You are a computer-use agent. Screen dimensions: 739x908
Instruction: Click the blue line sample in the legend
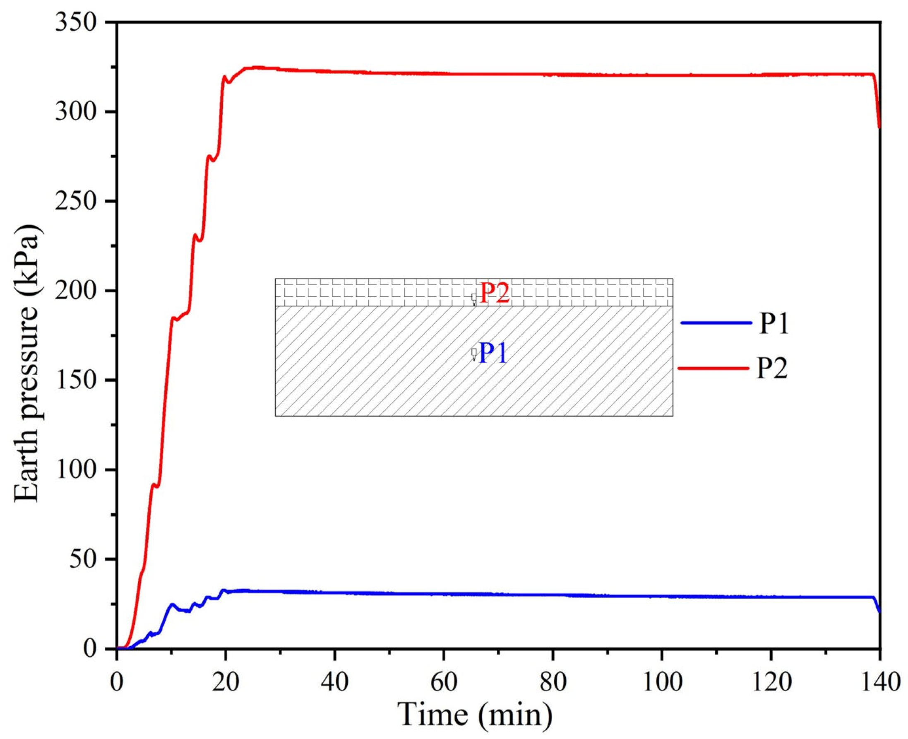click(716, 323)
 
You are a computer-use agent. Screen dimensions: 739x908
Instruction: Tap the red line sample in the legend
click(713, 368)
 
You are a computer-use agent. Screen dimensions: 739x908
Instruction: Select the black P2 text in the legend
click(772, 368)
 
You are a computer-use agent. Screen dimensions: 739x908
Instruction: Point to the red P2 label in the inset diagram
click(495, 293)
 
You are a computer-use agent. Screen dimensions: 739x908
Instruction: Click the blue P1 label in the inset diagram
click(493, 353)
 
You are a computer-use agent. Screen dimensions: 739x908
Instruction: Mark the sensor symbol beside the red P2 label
click(474, 298)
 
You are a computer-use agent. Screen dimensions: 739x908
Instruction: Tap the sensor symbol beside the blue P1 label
click(474, 354)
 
